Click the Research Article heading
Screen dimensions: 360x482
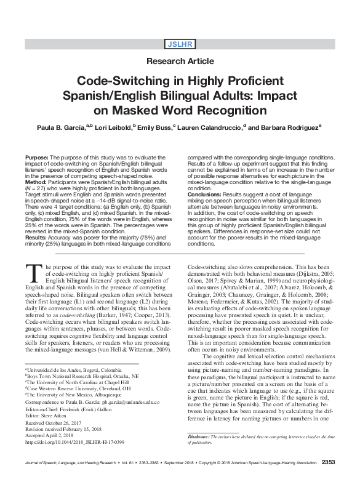click(180, 62)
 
